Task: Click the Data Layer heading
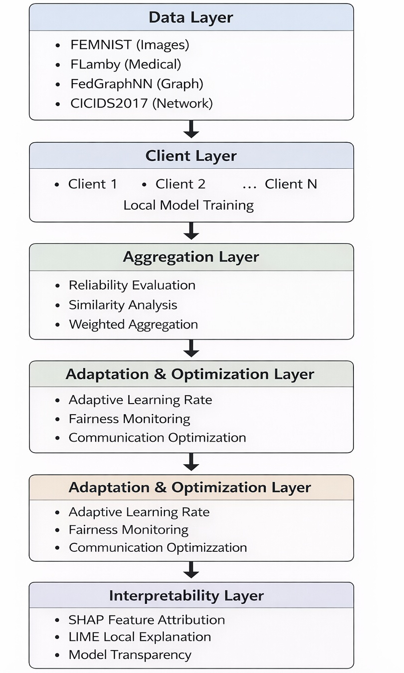pos(190,18)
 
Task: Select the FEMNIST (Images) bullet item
pos(130,45)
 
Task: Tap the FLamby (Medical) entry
pos(126,64)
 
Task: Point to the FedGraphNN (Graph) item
pos(137,84)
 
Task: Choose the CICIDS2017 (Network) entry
pos(141,103)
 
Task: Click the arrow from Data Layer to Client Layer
pos(191,129)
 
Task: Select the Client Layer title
pos(191,156)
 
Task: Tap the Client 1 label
pos(93,184)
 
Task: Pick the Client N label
pos(291,184)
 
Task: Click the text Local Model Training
pos(188,205)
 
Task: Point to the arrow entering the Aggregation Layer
pos(191,231)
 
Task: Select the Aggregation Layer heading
pos(191,257)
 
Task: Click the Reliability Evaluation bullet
pos(132,285)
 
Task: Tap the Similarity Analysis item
pos(123,305)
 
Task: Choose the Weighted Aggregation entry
pos(133,324)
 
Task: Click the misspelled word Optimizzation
pos(207,547)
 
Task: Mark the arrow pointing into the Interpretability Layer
pos(191,570)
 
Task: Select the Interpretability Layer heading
pos(186,596)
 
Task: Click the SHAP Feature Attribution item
pos(147,620)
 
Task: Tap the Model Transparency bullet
pos(130,655)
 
